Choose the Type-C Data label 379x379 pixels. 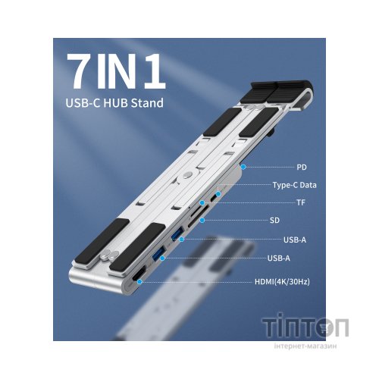[x=294, y=184]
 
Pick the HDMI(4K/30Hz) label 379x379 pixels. [x=284, y=282]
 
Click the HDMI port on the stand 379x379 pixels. [x=139, y=282]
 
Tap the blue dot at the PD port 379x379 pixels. [x=242, y=165]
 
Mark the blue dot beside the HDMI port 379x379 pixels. [x=139, y=283]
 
